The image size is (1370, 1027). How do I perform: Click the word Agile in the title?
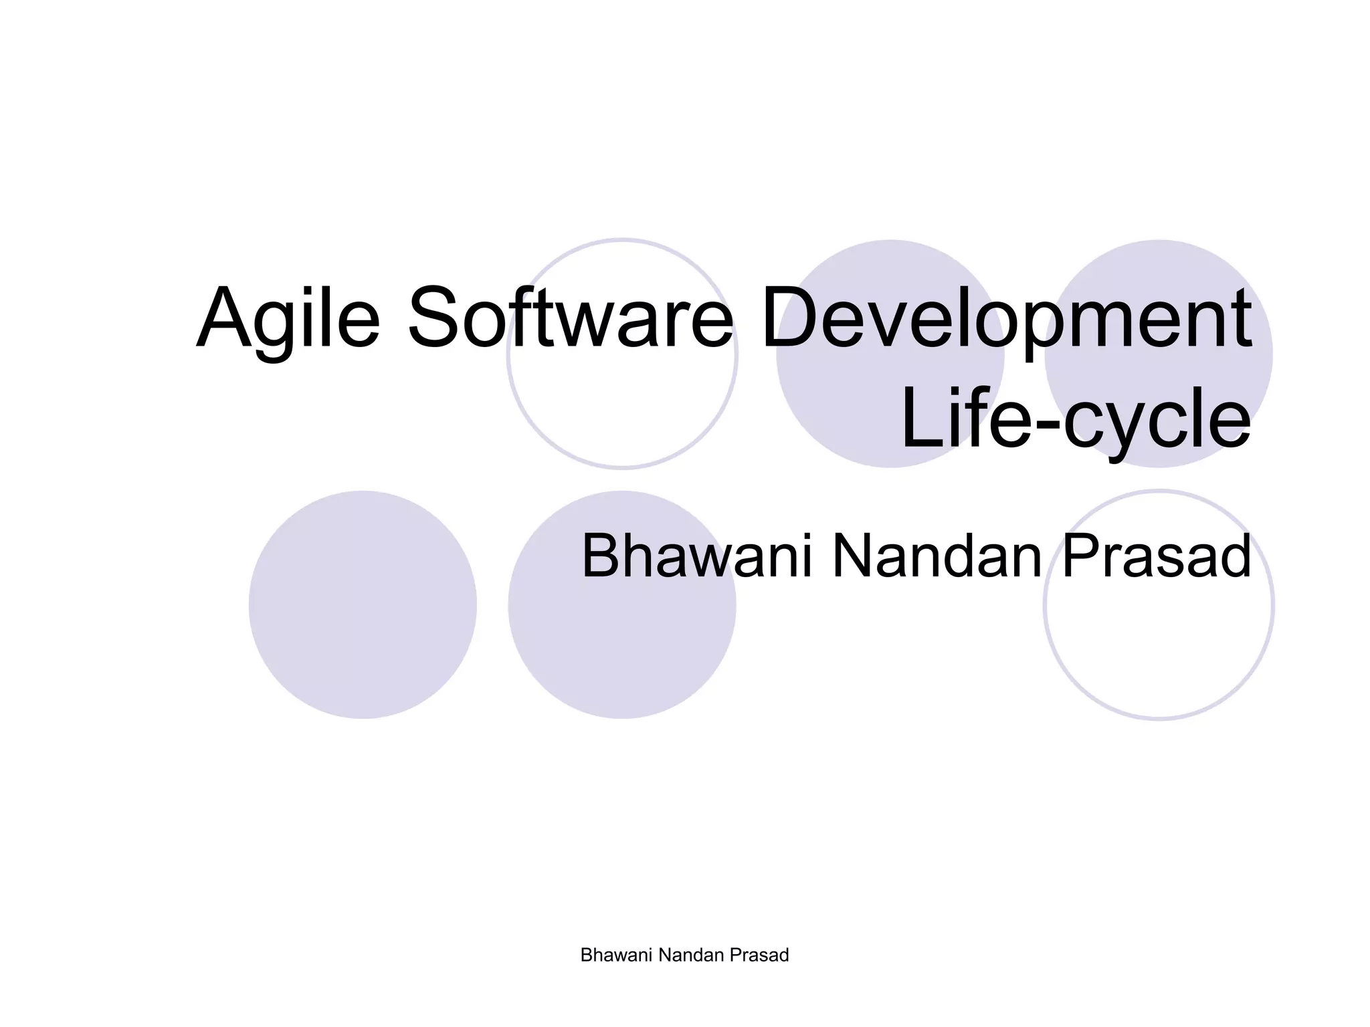tap(288, 318)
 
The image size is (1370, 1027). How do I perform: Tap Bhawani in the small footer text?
tap(617, 955)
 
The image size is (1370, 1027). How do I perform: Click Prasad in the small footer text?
tap(759, 955)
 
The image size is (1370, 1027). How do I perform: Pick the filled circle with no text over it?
tap(363, 604)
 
